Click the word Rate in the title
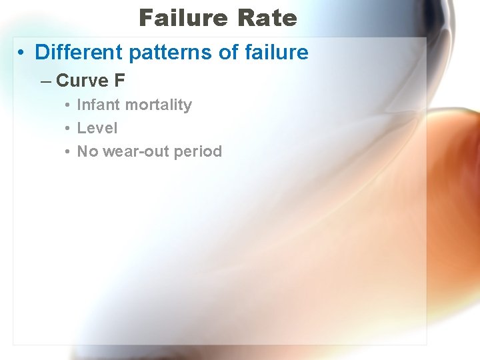coord(265,18)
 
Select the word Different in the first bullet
coord(72,52)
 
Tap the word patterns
coord(147,52)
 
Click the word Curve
coord(82,81)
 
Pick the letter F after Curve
coord(119,81)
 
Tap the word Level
coord(97,128)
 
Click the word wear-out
coord(135,151)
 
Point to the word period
coord(197,151)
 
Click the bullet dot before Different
coord(23,53)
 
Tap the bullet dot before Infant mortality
coord(68,105)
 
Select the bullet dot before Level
coord(68,129)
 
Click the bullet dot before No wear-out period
coord(68,152)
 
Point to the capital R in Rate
coord(243,18)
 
